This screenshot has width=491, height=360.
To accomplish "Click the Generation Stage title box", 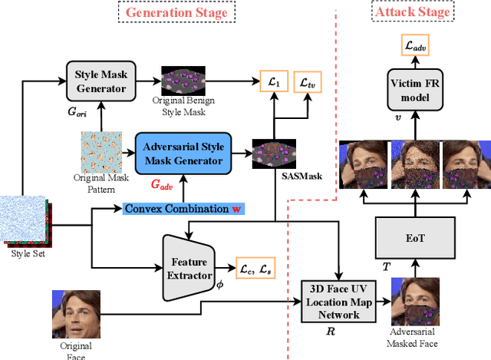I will pyautogui.click(x=176, y=13).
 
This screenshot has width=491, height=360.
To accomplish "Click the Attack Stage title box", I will pyautogui.click(x=410, y=13).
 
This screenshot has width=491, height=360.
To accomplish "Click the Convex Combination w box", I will pyautogui.click(x=184, y=208).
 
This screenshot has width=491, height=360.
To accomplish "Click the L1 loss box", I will pyautogui.click(x=270, y=81).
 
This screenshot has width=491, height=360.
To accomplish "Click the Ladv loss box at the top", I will pyautogui.click(x=415, y=46).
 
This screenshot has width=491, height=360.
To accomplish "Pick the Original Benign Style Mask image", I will pyautogui.click(x=183, y=80).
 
